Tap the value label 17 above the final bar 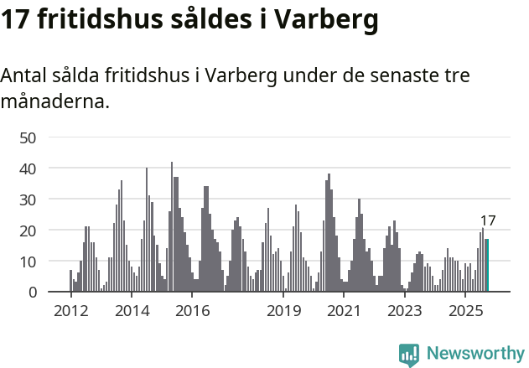tap(488, 221)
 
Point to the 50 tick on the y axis tap(28, 137)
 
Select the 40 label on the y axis tap(28, 168)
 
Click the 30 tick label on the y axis tap(28, 200)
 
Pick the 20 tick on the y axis tap(28, 231)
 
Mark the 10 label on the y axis tap(28, 262)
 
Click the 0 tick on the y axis tap(32, 293)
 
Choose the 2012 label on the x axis tap(70, 311)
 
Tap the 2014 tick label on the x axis tap(132, 311)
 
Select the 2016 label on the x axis tap(193, 311)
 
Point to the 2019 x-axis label tap(284, 311)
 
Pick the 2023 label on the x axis tap(406, 311)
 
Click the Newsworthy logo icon tap(409, 355)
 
